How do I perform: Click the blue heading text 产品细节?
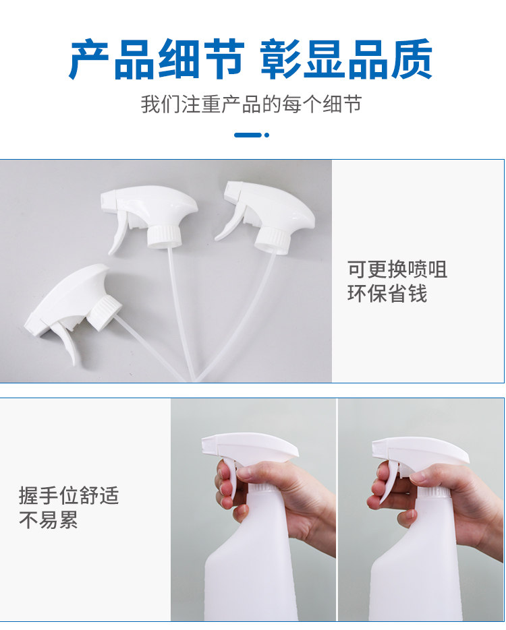156,60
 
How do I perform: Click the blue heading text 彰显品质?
346,60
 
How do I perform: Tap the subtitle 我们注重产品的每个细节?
251,104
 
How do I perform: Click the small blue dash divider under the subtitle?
251,135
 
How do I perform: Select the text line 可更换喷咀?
397,270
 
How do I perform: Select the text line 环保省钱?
387,294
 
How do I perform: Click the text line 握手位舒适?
69,496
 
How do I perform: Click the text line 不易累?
49,520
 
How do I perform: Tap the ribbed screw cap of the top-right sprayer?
273,237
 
